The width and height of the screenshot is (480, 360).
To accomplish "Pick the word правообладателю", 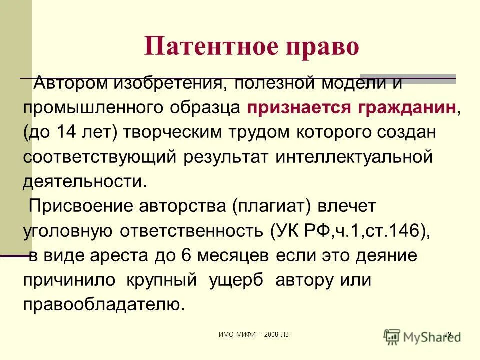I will click(x=104, y=304).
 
